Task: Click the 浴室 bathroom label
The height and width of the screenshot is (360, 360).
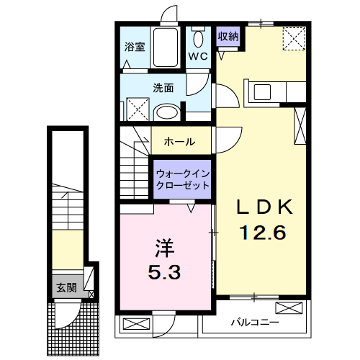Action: [135, 48]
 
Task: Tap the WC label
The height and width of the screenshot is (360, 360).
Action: [198, 55]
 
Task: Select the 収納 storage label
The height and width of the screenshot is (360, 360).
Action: [228, 35]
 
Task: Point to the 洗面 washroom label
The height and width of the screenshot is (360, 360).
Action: [163, 89]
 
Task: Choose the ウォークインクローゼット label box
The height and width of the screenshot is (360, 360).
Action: [182, 179]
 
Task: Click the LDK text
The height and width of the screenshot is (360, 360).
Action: [265, 207]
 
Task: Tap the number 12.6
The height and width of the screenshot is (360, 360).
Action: [264, 233]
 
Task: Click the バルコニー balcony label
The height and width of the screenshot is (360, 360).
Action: [254, 321]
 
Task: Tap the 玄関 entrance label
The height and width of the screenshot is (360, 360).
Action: [66, 288]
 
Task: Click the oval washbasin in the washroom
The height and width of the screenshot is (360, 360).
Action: [167, 112]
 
